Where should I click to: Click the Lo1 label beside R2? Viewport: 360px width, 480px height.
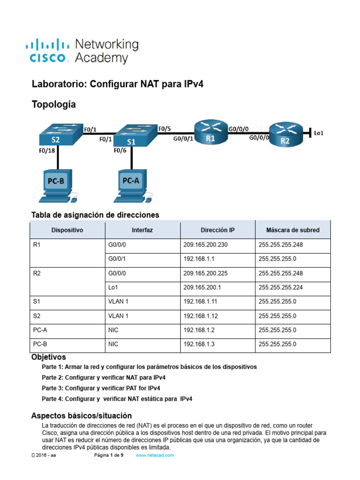point(319,133)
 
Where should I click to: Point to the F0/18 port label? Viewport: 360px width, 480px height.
point(47,151)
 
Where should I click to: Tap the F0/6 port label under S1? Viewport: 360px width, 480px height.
point(120,151)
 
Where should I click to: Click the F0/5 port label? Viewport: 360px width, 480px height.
point(165,128)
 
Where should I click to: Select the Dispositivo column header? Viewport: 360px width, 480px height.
point(67,230)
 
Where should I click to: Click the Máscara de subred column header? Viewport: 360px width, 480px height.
point(292,230)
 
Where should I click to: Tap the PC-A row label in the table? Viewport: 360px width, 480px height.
point(39,330)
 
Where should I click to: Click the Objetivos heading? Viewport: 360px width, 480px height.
point(49,357)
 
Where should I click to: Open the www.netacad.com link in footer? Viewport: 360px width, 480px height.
point(155,455)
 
